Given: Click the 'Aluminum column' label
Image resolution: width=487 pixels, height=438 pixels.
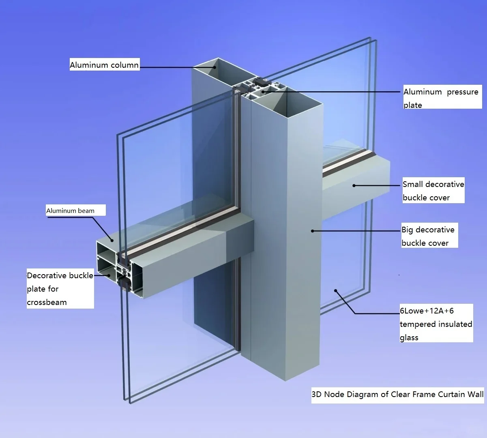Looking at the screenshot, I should [x=104, y=65].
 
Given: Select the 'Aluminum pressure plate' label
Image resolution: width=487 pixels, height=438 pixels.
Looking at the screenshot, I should [x=441, y=98].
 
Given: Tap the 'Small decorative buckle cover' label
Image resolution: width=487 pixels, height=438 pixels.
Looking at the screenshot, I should [x=433, y=191].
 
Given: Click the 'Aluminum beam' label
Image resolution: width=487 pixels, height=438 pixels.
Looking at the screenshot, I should [x=70, y=210].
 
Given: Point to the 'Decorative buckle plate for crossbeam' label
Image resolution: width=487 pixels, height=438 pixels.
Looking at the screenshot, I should [x=60, y=288].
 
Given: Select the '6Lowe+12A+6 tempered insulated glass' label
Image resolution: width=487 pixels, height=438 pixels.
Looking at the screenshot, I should [x=436, y=324].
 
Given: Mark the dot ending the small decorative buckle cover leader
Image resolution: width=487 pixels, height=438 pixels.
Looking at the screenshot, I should [x=354, y=186].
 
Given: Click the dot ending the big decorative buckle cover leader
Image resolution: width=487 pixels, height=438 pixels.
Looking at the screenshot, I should [x=312, y=231].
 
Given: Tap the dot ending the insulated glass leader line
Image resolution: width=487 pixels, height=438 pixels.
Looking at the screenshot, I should [x=335, y=290].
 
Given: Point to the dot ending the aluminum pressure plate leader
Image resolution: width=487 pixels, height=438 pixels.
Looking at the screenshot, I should [x=262, y=92].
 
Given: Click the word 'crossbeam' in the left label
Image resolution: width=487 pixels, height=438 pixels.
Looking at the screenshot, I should [x=47, y=302].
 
